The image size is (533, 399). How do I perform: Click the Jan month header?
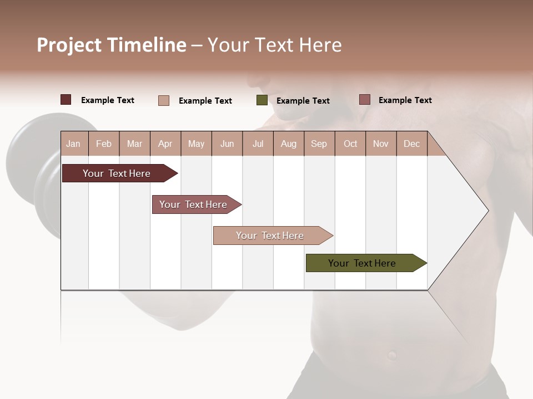pyautogui.click(x=73, y=144)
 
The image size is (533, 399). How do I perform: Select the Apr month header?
pyautogui.click(x=165, y=144)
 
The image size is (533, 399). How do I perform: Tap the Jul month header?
pyautogui.click(x=258, y=144)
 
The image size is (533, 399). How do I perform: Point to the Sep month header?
pyautogui.click(x=319, y=144)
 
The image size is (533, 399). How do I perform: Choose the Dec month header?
pyautogui.click(x=411, y=144)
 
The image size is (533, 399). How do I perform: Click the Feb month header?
pyautogui.click(x=104, y=144)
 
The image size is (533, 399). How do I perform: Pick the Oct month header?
pyautogui.click(x=350, y=144)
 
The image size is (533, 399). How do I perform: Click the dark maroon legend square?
pyautogui.click(x=66, y=100)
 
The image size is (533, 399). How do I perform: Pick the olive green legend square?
pyautogui.click(x=262, y=100)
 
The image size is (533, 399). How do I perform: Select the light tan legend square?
pyautogui.click(x=164, y=100)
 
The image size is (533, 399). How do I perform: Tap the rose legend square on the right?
pyautogui.click(x=364, y=100)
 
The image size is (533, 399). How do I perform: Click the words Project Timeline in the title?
pyautogui.click(x=111, y=45)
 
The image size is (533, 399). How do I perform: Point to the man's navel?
pyautogui.click(x=393, y=353)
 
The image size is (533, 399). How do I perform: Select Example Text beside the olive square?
pyautogui.click(x=303, y=101)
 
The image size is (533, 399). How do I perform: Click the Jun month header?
pyautogui.click(x=227, y=144)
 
